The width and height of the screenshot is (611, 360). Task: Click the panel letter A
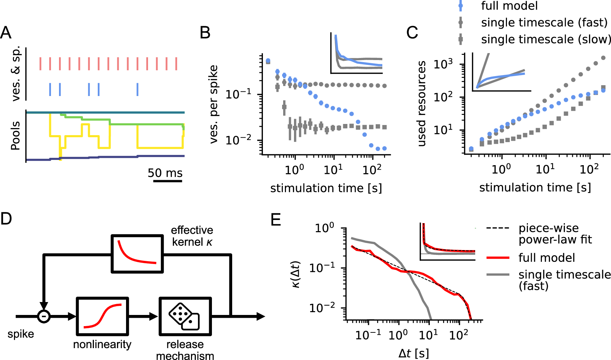click(x=6, y=33)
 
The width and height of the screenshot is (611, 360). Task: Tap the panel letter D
click(x=6, y=219)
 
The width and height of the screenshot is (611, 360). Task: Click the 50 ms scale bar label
click(x=165, y=173)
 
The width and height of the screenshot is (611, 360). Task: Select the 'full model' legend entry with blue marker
click(x=509, y=6)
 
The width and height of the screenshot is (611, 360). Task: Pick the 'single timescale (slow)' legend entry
click(x=545, y=39)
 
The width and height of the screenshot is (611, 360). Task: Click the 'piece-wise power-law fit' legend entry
click(x=555, y=234)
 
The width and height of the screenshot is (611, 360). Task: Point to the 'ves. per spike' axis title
click(x=213, y=104)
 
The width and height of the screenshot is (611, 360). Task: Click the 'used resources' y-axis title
click(x=422, y=103)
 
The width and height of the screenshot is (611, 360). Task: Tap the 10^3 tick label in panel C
click(x=443, y=64)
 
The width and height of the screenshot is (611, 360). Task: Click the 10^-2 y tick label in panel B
click(x=238, y=140)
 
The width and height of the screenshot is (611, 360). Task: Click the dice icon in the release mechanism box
click(x=184, y=317)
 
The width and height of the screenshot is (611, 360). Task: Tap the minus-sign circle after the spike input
click(x=44, y=317)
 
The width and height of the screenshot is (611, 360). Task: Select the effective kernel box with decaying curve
click(x=137, y=254)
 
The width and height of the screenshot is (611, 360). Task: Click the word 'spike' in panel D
click(x=21, y=334)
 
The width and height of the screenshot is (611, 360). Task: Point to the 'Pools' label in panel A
click(x=15, y=136)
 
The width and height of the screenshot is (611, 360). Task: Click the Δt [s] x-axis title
click(x=413, y=353)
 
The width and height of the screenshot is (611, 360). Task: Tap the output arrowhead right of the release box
click(x=260, y=317)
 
